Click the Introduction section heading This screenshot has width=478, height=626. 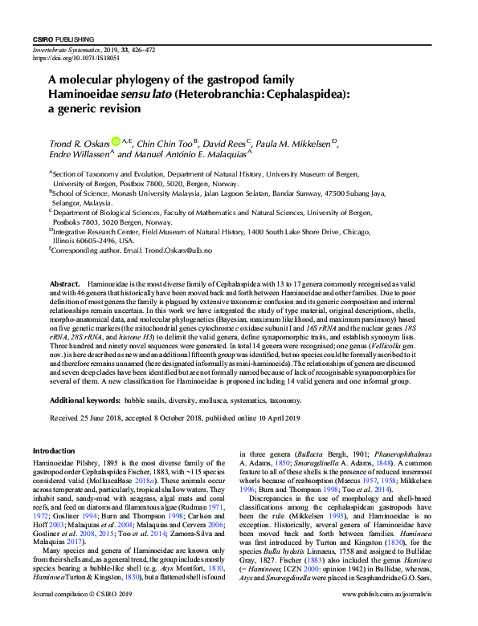pos(52,451)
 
